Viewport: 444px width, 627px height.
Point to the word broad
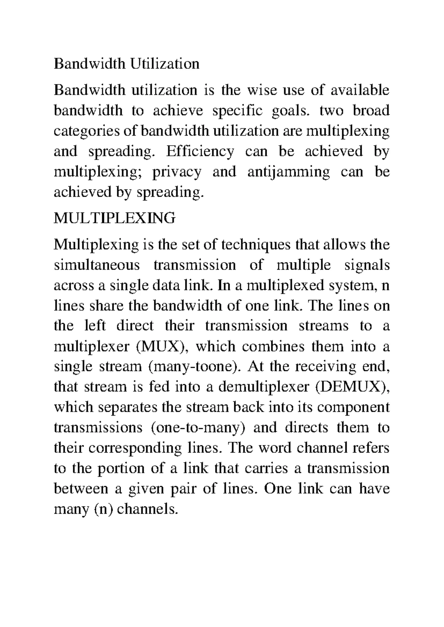[x=371, y=111]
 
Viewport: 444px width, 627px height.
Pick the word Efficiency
[x=200, y=152]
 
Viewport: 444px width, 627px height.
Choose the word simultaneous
[x=97, y=265]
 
